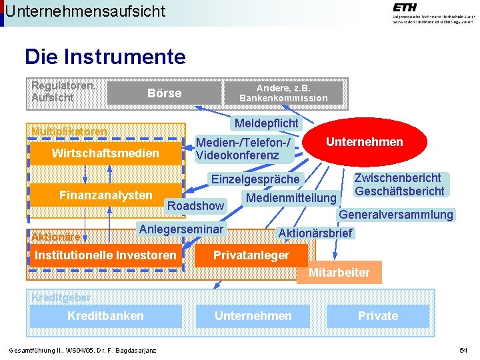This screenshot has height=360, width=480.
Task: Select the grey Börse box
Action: tap(164, 93)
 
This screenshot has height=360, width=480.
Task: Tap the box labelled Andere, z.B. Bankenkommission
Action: tap(283, 93)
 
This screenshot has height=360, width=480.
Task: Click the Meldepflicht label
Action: tap(266, 123)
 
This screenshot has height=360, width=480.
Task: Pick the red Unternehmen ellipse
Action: tap(364, 142)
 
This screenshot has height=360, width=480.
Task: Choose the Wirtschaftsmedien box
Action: tap(105, 154)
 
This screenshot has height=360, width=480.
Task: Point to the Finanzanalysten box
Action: tap(105, 195)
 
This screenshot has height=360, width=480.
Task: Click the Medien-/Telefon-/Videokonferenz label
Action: tap(243, 149)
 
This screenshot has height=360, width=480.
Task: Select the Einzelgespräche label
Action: tap(255, 179)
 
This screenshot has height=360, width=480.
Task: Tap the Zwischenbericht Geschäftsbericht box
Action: tap(399, 185)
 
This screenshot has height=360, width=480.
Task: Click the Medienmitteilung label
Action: tap(291, 198)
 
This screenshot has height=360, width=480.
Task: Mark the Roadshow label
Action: tap(195, 206)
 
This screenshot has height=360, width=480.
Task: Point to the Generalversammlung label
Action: tap(396, 215)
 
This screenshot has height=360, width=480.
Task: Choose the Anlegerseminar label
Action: tap(181, 229)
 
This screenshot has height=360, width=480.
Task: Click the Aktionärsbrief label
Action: tap(315, 233)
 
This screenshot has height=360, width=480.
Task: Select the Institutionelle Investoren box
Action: tap(105, 255)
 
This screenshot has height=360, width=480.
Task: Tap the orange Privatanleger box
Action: tap(251, 255)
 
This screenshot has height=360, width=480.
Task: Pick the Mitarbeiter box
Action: tap(339, 272)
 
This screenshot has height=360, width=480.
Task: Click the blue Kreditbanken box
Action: tap(105, 316)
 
